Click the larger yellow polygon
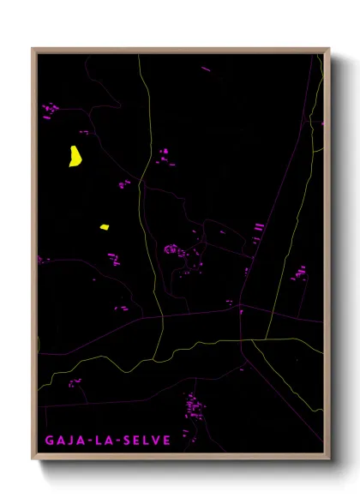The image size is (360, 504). [75, 156]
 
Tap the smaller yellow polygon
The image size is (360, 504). [104, 227]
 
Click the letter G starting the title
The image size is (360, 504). [50, 441]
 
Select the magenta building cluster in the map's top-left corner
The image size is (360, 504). [50, 108]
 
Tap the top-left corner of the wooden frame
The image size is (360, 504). [33, 49]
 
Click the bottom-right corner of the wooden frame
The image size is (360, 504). [328, 459]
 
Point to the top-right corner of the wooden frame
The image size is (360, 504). [328, 49]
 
